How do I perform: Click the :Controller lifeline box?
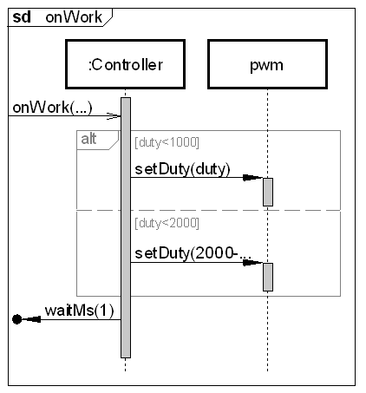point(125,64)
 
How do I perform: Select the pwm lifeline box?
point(267,64)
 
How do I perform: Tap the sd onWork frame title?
point(57,17)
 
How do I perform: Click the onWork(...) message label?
point(52,108)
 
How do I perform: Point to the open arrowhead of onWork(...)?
point(114,116)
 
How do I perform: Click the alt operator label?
point(88,139)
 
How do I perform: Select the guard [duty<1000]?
point(167,142)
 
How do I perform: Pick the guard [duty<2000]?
point(167,223)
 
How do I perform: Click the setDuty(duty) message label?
point(182,169)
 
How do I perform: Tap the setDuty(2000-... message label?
point(193,253)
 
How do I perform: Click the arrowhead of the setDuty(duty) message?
point(252,178)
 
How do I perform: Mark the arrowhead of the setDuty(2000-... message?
point(252,263)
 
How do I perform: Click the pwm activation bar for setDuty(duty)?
point(268,192)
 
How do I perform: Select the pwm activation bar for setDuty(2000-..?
point(268,277)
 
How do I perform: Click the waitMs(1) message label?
point(80,311)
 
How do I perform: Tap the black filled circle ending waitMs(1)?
point(17,319)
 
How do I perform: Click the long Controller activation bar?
point(126,227)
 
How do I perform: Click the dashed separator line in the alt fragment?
point(208,210)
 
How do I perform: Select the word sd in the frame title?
point(22,17)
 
